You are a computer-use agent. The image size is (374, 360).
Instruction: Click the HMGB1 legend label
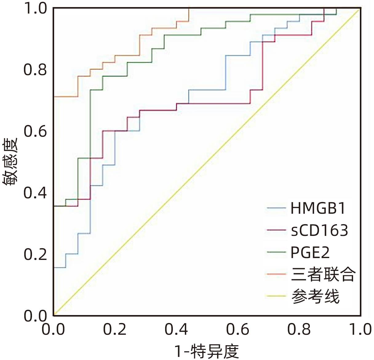pos(318,208)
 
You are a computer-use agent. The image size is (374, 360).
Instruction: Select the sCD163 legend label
pos(320,230)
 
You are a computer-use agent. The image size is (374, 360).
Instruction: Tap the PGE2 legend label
pos(310,253)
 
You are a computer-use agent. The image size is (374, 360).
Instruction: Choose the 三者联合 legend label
pos(323,274)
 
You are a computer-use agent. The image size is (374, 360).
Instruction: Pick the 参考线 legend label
pos(316,296)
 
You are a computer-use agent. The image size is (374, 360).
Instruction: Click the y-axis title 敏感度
pos(10,162)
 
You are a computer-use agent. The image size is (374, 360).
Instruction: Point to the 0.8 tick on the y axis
pos(35,70)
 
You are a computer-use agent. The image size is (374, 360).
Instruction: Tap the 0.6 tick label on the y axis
pos(35,131)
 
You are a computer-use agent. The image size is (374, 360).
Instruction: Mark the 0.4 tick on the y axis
pos(35,193)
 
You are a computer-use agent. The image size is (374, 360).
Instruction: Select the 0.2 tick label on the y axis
pos(35,255)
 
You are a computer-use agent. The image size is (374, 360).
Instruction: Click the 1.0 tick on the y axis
pos(35,8)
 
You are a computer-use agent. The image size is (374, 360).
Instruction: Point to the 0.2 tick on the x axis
pos(115,330)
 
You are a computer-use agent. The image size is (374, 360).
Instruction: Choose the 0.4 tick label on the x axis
pos(176,330)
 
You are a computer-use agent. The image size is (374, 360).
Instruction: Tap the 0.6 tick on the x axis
pos(238,330)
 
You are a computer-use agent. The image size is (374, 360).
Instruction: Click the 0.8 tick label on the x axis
pos(299,330)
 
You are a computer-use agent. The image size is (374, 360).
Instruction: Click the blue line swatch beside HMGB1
pos(277,208)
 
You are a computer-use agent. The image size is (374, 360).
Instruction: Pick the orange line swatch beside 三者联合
pos(277,274)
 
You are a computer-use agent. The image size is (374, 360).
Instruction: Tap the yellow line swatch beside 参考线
pos(277,297)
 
